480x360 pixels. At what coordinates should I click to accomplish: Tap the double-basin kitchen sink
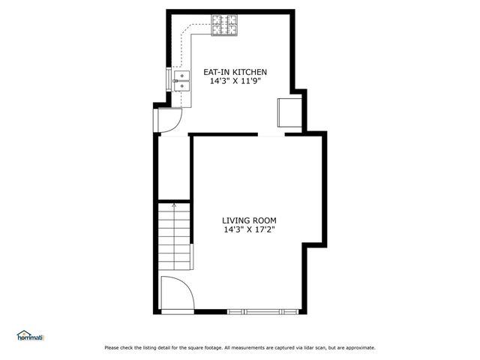click(181, 81)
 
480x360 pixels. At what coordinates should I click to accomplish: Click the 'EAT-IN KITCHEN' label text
click(235, 72)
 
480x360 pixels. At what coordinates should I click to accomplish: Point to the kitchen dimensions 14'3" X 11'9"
click(235, 81)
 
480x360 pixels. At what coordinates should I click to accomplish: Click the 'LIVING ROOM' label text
click(249, 220)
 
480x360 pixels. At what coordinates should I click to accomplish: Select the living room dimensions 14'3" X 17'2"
click(249, 230)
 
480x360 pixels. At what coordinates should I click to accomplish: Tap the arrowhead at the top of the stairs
click(174, 203)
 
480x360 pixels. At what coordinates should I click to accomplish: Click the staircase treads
click(174, 238)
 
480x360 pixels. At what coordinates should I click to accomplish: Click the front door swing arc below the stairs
click(177, 292)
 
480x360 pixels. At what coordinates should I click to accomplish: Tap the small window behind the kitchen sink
click(168, 79)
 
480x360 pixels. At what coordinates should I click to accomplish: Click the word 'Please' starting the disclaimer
click(112, 348)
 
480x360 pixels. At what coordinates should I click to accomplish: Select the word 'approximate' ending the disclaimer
click(358, 348)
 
